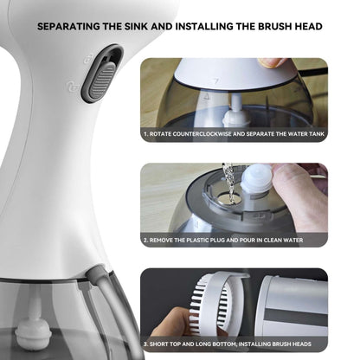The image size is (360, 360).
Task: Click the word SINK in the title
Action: coord(162,26)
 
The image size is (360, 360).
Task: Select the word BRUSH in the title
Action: coord(260,26)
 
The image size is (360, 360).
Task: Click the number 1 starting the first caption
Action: coord(145,135)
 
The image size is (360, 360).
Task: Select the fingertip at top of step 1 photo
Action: coord(272,63)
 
